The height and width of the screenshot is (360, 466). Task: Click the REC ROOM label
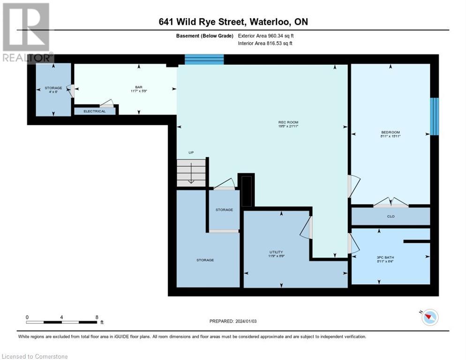pyautogui.click(x=288, y=123)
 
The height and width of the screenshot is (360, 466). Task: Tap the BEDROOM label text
pyautogui.click(x=390, y=132)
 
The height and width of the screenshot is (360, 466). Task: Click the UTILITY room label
pyautogui.click(x=276, y=252)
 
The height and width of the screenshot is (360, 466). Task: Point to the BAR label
pyautogui.click(x=139, y=87)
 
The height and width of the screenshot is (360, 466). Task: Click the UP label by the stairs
pyautogui.click(x=191, y=153)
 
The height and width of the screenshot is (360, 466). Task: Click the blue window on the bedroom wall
pyautogui.click(x=435, y=116)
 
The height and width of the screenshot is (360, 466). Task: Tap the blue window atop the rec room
pyautogui.click(x=204, y=59)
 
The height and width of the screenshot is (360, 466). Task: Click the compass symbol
pyautogui.click(x=429, y=317)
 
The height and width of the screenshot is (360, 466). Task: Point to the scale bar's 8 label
pyautogui.click(x=97, y=317)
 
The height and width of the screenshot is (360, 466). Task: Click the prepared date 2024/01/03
pyautogui.click(x=233, y=321)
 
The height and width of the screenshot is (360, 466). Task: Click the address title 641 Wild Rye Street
pyautogui.click(x=233, y=22)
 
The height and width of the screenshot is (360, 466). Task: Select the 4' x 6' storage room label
pyautogui.click(x=53, y=90)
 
